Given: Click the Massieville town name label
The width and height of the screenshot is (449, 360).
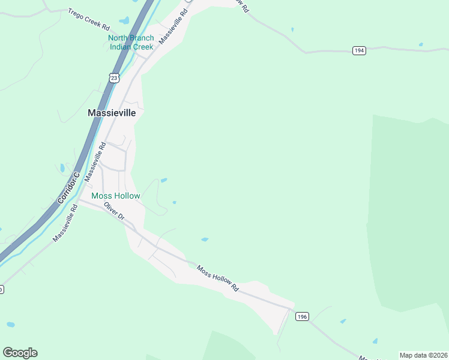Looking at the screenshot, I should [x=112, y=112].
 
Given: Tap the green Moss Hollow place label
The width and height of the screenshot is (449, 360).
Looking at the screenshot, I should [x=115, y=196].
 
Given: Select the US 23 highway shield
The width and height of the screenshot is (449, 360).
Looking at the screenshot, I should [x=115, y=77].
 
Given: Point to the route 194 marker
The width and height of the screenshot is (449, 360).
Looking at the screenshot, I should [x=359, y=51].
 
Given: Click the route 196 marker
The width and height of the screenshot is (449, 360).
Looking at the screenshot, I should [x=302, y=317].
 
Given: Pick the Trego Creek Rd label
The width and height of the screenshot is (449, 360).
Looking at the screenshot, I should [x=89, y=20].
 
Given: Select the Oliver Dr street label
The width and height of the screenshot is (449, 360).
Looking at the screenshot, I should [x=113, y=211].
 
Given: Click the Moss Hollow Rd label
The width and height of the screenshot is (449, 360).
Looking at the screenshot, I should [x=218, y=279].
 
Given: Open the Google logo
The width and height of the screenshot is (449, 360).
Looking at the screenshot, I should [x=20, y=353].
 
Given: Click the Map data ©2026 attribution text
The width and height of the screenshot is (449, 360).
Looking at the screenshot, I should [x=423, y=355].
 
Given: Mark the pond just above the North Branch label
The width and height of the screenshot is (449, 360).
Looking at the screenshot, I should [x=124, y=21].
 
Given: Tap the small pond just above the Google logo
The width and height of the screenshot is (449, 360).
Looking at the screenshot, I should [x=10, y=325].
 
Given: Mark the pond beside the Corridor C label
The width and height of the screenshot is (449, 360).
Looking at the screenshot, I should [x=62, y=168].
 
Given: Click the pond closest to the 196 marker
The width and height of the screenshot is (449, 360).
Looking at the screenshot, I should [x=343, y=321].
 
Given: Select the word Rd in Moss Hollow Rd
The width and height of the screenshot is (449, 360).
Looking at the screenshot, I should [x=235, y=288].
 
